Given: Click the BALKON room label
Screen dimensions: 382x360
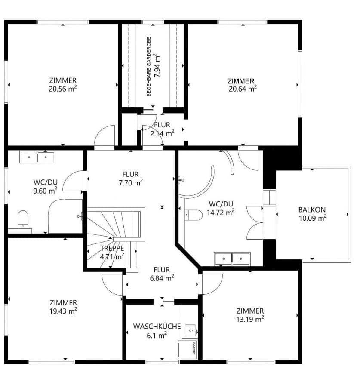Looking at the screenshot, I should coord(312,209).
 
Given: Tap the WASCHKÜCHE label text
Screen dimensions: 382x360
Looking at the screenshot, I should coord(157,327).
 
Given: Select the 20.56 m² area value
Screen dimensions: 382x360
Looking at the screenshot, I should coord(63,89).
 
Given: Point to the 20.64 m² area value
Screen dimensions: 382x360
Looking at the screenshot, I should coord(243,89).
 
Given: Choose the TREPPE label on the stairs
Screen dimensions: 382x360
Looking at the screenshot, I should coord(112,248).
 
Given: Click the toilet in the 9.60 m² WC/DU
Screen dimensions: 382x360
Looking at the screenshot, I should coord(23,219).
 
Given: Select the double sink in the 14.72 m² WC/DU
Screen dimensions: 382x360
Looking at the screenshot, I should coord(232,259).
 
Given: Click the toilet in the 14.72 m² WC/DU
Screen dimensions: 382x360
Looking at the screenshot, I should coord(194,214).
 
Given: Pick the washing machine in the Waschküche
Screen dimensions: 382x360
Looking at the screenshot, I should coord(188,349).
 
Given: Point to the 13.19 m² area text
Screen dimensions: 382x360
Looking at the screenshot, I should coord(250,319).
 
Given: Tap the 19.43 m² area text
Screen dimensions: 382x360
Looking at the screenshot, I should coord(63,310).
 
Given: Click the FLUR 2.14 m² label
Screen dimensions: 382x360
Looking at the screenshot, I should coord(162,133).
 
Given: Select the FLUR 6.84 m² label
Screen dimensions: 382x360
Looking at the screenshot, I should coord(162,277).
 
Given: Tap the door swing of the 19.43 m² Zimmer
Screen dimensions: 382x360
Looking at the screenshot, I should coord(113,284).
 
